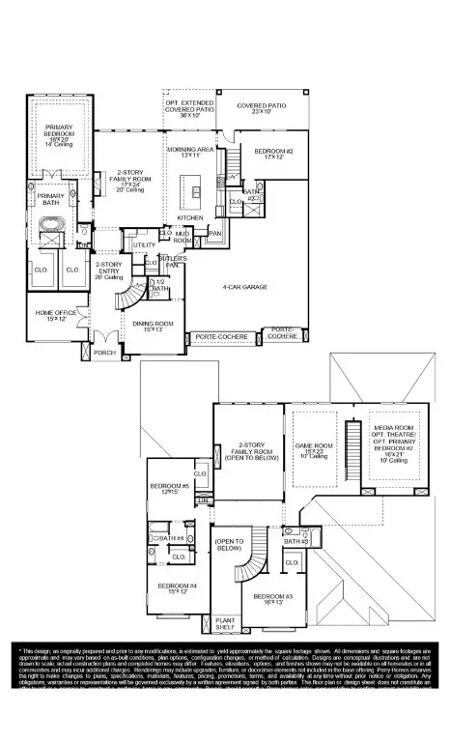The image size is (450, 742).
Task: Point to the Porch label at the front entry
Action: (104, 353)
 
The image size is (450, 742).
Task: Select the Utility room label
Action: (144, 246)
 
